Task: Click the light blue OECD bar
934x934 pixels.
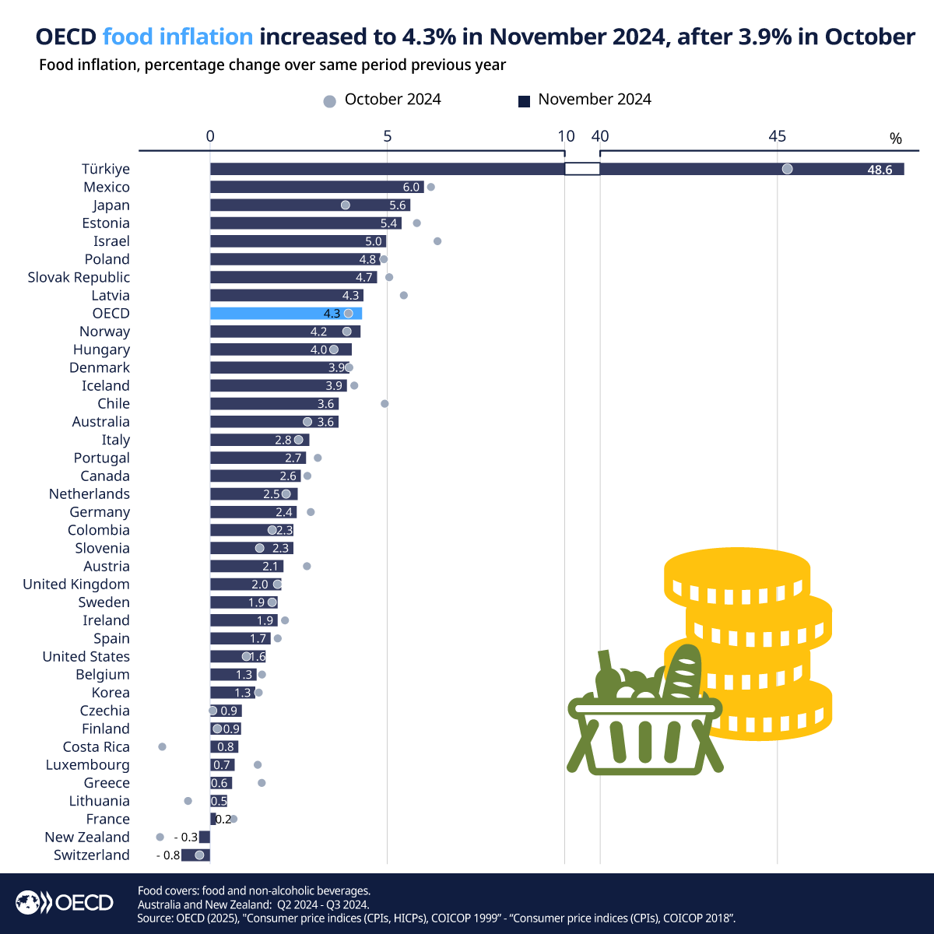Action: pyautogui.click(x=286, y=314)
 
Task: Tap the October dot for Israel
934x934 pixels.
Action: pyautogui.click(x=437, y=241)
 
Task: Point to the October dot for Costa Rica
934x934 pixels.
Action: pyautogui.click(x=162, y=746)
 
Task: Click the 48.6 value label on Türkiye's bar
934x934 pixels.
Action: pyautogui.click(x=880, y=170)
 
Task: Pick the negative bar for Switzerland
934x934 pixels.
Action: pyautogui.click(x=195, y=855)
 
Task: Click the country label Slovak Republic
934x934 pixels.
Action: pyautogui.click(x=79, y=277)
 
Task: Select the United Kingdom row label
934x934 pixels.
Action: pyautogui.click(x=76, y=585)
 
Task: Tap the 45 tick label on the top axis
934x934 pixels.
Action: pyautogui.click(x=777, y=137)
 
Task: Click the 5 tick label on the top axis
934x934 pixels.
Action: pyautogui.click(x=388, y=137)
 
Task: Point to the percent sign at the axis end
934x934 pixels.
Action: pyautogui.click(x=896, y=139)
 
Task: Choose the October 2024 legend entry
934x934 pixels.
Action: pyautogui.click(x=382, y=100)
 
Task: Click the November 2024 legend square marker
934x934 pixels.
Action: pyautogui.click(x=524, y=101)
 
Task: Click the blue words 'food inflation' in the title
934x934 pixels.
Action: pyautogui.click(x=177, y=37)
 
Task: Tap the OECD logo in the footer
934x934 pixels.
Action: pyautogui.click(x=65, y=903)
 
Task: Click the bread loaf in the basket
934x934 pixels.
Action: pyautogui.click(x=682, y=671)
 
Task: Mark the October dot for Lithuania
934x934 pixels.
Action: pyautogui.click(x=188, y=801)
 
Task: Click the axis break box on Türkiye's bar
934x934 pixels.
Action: pyautogui.click(x=582, y=169)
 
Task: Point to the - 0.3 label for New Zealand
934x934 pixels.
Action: pyautogui.click(x=186, y=837)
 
